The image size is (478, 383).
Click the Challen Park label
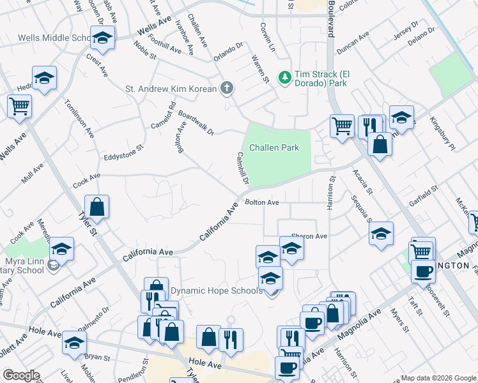(x=274, y=147)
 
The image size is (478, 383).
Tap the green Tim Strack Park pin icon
(x=284, y=77)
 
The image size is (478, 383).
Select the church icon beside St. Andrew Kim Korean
(x=226, y=89)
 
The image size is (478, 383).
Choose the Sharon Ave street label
(x=309, y=236)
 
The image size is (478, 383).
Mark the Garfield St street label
(x=424, y=193)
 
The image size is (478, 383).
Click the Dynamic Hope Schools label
(x=216, y=291)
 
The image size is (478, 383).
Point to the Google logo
(x=21, y=375)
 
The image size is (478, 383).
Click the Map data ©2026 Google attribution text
(x=438, y=377)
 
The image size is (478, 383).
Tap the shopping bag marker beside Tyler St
(x=96, y=206)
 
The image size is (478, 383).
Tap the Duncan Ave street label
(x=353, y=43)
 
